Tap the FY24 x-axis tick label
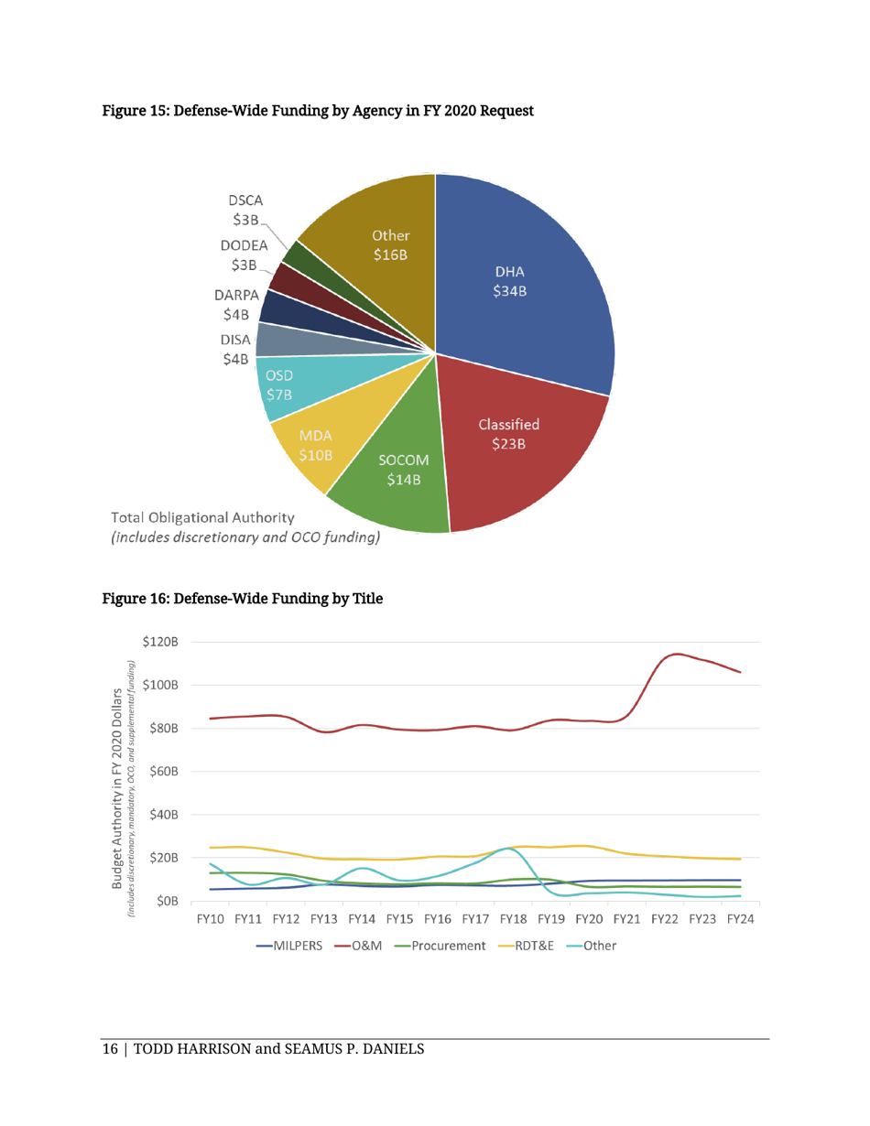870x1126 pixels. (740, 919)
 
